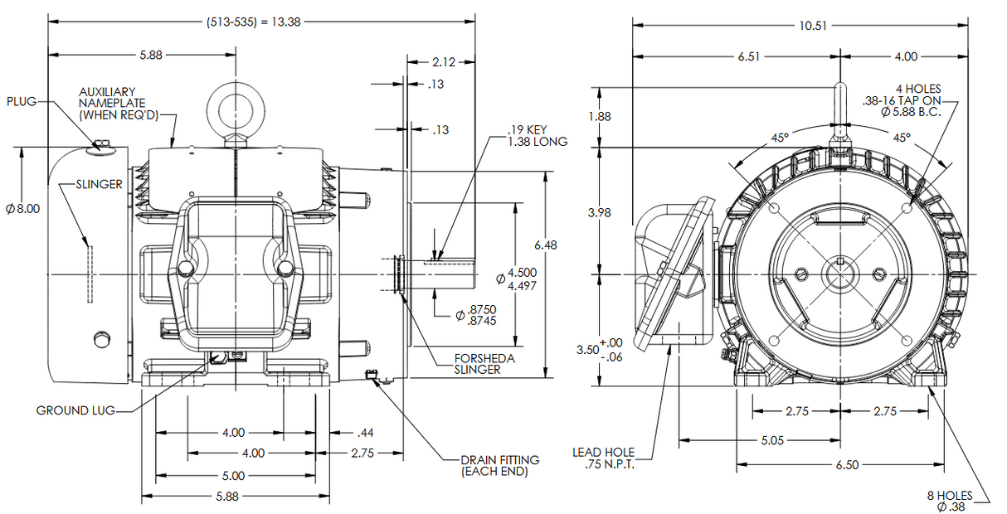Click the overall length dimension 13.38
[253, 22]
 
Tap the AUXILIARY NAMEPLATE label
[116, 103]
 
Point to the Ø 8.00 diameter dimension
[22, 209]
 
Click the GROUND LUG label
[75, 410]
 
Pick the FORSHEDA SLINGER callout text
[484, 364]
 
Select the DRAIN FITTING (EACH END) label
[500, 465]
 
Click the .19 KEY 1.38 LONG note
[538, 136]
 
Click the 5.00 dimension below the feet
[234, 476]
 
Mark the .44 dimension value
[365, 433]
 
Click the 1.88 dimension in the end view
[599, 117]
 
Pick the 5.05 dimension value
[771, 440]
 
